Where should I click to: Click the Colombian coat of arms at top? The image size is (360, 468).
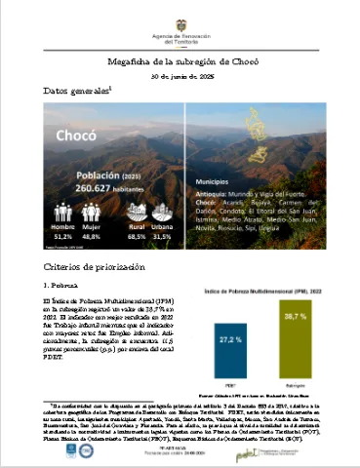coord(180,17)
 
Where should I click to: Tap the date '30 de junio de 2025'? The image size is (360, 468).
coord(180,76)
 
